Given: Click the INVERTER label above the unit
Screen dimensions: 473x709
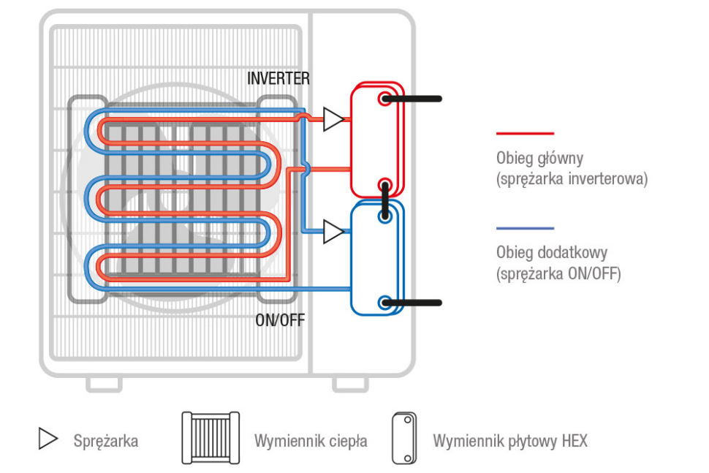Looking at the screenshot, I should tap(278, 78).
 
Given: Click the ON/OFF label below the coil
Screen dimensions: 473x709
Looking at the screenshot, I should tap(280, 320).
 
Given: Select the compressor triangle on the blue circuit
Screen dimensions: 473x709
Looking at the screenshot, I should tap(333, 232).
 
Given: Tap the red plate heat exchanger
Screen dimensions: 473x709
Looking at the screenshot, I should tap(376, 139).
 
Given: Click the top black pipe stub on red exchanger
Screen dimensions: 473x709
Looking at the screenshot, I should tap(412, 98).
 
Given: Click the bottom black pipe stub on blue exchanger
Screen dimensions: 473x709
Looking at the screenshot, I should tap(412, 302).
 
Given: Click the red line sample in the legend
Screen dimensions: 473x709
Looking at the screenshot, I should tap(525, 134).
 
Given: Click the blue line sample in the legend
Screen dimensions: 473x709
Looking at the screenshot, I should tap(525, 228).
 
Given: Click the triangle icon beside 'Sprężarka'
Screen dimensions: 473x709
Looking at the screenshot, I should tap(48, 439).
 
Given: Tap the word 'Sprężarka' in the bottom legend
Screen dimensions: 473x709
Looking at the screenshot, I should tap(105, 441).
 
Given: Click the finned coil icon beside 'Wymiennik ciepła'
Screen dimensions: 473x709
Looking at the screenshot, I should tap(211, 439).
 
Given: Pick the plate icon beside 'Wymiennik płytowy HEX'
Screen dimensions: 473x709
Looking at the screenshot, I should tap(403, 439).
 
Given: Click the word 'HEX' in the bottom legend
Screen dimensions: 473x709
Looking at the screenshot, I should tap(575, 441).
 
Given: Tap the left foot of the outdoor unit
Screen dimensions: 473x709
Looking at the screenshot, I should tap(104, 384).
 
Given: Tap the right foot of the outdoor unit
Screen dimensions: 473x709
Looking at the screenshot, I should tap(351, 384).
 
